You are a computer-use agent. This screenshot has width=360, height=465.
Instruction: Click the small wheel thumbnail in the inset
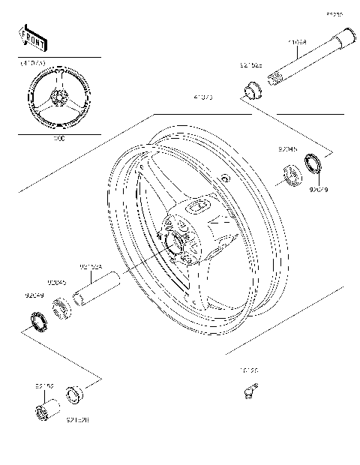[x=59, y=97]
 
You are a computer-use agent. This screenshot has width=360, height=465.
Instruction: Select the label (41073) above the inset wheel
[x=33, y=64]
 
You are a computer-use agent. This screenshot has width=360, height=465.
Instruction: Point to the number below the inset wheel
[x=59, y=139]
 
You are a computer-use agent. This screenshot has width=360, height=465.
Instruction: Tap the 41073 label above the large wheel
[x=202, y=97]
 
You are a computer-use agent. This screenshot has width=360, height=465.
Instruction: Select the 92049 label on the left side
[x=34, y=295]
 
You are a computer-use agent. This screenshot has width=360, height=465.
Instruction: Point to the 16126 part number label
[x=249, y=370]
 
